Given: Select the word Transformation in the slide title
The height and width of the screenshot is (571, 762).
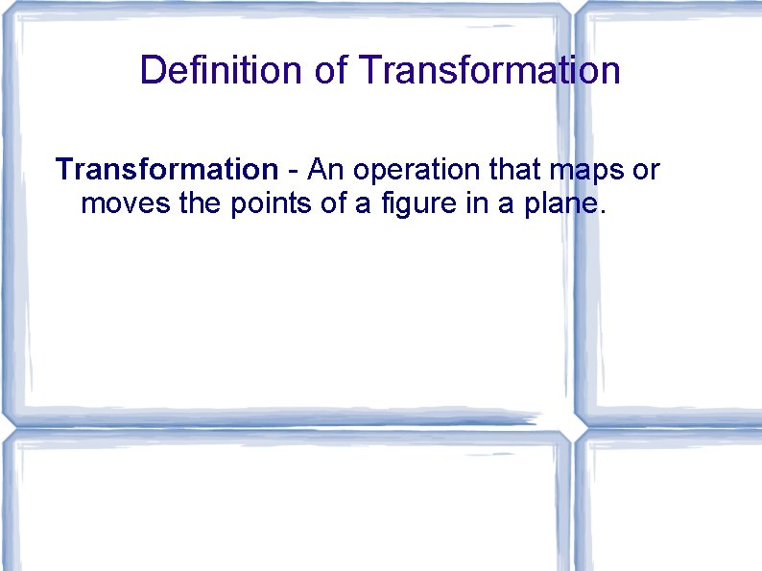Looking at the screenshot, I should [x=489, y=70].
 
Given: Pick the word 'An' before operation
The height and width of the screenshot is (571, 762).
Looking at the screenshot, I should [x=324, y=170].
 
